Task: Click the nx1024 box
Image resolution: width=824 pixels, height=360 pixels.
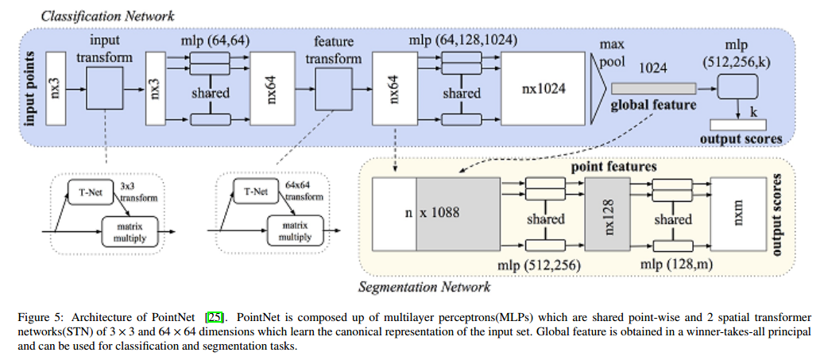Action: [x=543, y=88]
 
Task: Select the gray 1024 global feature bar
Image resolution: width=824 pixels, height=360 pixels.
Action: [x=653, y=89]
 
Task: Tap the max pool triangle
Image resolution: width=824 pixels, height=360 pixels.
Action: [x=598, y=89]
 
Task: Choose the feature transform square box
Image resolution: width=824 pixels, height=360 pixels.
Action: [x=333, y=88]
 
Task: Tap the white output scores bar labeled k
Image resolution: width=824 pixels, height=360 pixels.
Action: [x=738, y=125]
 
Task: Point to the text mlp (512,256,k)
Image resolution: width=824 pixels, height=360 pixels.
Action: [x=737, y=55]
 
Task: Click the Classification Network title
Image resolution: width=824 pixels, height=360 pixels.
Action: [x=108, y=16]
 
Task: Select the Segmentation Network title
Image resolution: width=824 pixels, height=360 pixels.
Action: [x=424, y=287]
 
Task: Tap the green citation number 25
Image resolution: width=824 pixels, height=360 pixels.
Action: [x=215, y=317]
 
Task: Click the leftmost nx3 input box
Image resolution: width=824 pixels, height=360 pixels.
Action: [x=56, y=88]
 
